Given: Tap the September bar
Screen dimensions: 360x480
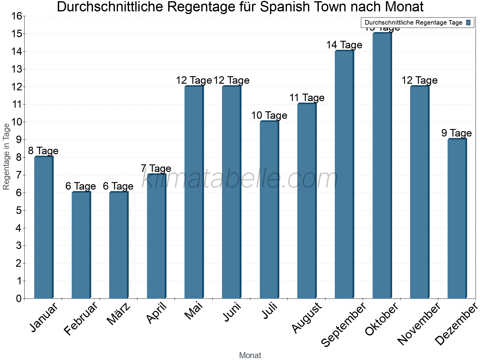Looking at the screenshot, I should pyautogui.click(x=344, y=174).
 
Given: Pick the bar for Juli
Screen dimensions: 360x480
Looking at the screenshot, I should pyautogui.click(x=269, y=210).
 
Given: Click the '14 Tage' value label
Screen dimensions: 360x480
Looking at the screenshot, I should pyautogui.click(x=344, y=45).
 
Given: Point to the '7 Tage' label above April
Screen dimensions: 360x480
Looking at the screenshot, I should pyautogui.click(x=156, y=168).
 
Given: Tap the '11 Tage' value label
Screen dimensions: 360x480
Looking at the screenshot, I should pyautogui.click(x=307, y=98).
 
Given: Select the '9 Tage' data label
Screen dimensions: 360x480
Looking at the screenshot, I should pyautogui.click(x=456, y=133).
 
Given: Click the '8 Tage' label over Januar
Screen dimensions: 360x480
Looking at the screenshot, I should pyautogui.click(x=43, y=151).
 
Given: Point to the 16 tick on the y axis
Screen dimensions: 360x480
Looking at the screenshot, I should pyautogui.click(x=17, y=16).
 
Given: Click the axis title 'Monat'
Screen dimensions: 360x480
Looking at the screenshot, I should pyautogui.click(x=250, y=355).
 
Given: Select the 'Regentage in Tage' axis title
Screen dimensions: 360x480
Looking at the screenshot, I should pyautogui.click(x=6, y=157).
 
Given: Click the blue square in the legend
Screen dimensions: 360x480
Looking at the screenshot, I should pyautogui.click(x=468, y=22).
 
